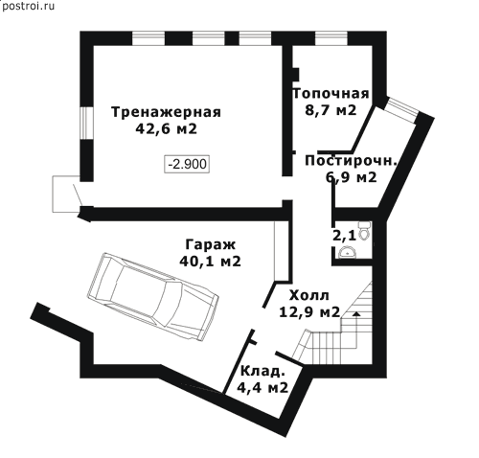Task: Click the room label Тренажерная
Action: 166,112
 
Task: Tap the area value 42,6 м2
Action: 166,129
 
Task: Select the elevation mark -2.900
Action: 187,164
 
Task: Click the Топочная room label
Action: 331,94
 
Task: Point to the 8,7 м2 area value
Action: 331,110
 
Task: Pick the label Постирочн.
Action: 351,161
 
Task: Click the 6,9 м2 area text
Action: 352,177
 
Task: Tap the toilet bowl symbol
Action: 364,230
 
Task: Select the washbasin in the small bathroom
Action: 346,252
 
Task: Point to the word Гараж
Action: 210,244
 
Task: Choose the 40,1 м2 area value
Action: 210,262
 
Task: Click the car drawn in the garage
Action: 153,297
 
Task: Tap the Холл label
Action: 308,296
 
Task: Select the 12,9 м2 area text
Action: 309,312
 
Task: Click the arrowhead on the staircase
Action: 356,313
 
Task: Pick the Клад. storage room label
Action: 262,372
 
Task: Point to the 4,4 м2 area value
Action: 262,388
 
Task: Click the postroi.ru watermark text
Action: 28,7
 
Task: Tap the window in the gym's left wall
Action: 86,123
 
